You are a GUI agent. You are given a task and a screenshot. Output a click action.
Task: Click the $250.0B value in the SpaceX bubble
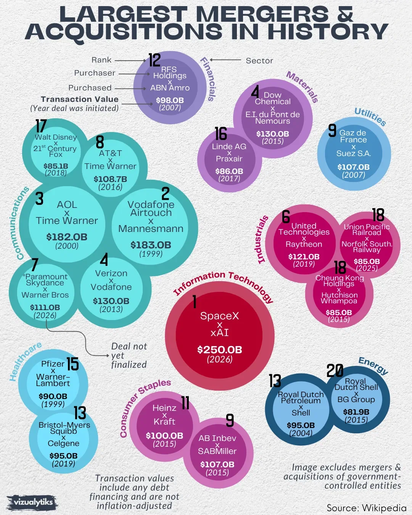[219, 349]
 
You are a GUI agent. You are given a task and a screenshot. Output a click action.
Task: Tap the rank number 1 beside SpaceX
[195, 301]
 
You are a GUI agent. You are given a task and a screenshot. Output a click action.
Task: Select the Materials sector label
[303, 87]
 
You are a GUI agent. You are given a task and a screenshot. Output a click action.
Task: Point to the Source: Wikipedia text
[366, 508]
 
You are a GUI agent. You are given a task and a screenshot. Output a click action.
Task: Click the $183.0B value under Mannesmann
[151, 245]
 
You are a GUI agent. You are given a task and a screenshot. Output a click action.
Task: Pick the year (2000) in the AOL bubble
[67, 246]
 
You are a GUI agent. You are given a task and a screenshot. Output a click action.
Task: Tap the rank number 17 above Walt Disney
[41, 126]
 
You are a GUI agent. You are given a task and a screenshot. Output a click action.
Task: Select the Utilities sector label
[370, 116]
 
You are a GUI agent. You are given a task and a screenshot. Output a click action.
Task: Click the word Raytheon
[304, 244]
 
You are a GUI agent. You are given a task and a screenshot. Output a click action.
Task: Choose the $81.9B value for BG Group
[356, 412]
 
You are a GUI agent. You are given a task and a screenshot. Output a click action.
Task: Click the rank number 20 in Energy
[335, 370]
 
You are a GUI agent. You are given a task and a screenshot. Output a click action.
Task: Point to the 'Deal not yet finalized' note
[129, 356]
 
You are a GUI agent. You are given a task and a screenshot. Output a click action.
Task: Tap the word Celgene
[63, 443]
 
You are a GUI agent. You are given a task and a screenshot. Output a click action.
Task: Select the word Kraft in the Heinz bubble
[164, 422]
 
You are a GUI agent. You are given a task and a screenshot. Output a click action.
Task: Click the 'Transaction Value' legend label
[79, 99]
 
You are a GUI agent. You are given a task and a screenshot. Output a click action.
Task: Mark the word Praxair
[229, 159]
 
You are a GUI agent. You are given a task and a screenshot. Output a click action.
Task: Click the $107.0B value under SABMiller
[217, 464]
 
